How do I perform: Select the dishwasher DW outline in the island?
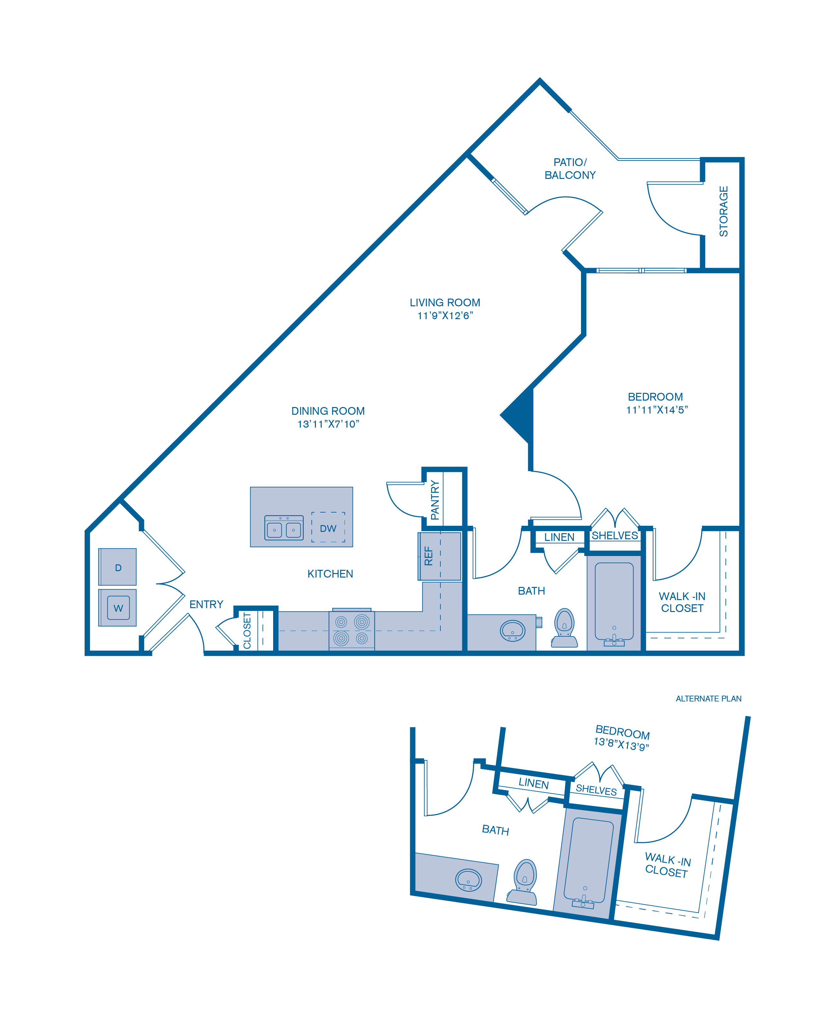(328, 527)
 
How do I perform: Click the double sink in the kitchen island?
(284, 527)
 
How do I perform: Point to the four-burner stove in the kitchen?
(351, 630)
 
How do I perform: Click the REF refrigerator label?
(429, 556)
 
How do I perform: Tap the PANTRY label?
(435, 500)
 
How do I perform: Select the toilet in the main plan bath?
(564, 628)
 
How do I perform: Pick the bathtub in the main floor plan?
(614, 601)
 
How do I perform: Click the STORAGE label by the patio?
(724, 211)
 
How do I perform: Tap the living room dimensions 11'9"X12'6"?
(445, 316)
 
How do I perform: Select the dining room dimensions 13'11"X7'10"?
(328, 424)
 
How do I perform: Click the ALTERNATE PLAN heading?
(709, 699)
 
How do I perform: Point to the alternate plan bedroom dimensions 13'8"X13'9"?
(621, 744)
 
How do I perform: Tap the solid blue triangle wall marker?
(517, 415)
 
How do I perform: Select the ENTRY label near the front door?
(206, 604)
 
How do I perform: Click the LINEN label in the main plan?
(559, 537)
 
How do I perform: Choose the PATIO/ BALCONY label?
(570, 169)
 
